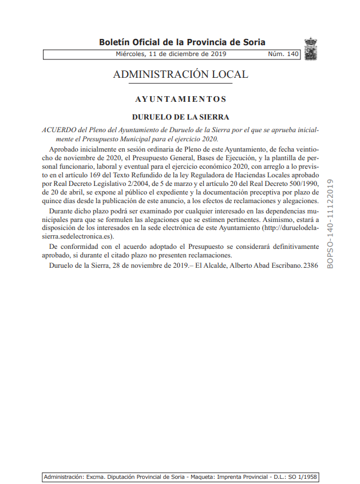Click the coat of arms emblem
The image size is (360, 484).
311,49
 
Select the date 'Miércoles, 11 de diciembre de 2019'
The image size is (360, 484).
171,54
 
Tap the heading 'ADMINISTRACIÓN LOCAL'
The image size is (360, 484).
180,75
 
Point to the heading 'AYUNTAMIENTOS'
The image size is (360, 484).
180,99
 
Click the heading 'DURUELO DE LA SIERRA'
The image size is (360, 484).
180,117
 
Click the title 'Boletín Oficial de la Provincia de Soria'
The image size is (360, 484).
181,42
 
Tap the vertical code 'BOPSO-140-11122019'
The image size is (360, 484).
330,223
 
